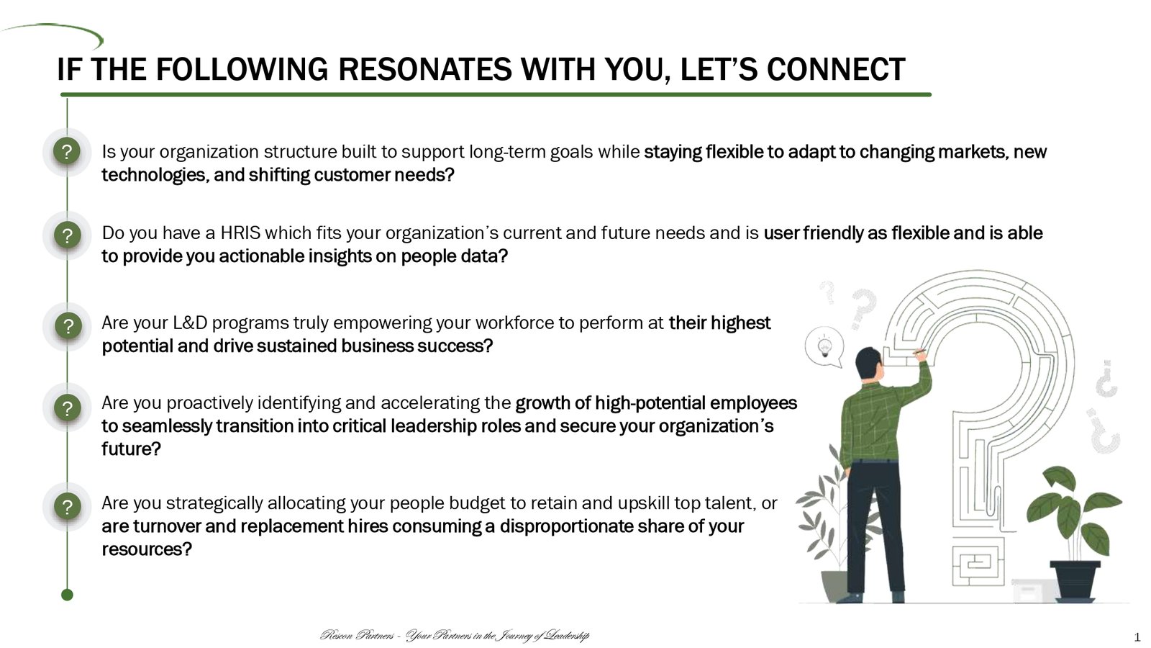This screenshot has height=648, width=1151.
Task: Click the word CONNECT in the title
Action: pos(836,69)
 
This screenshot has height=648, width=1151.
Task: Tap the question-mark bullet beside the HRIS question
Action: pos(68,235)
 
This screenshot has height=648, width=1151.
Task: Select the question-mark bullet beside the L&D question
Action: pos(68,326)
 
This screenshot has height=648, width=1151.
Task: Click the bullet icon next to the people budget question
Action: pos(68,507)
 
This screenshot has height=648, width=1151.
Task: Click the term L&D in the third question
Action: pos(190,323)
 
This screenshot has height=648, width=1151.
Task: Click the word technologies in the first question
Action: pos(154,176)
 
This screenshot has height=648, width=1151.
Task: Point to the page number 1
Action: pos(1137,638)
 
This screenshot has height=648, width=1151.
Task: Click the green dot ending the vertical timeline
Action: pos(68,595)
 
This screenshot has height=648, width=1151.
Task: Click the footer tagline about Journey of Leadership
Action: pos(455,636)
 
